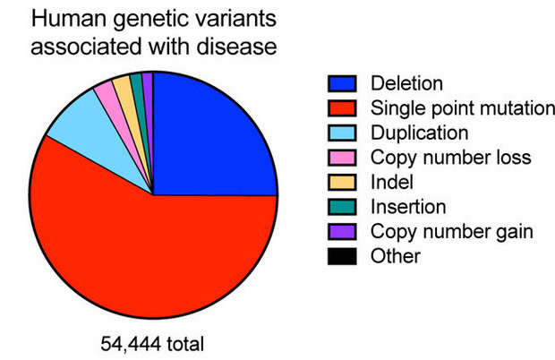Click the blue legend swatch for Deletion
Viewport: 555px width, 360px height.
tap(342, 84)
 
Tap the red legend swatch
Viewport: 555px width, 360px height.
tap(342, 108)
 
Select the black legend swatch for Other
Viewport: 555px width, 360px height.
tap(342, 256)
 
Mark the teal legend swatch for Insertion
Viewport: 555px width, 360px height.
tap(342, 207)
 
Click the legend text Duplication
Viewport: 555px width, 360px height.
tap(419, 133)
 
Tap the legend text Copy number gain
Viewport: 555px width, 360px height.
tap(452, 232)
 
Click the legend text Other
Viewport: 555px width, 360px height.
tap(395, 256)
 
